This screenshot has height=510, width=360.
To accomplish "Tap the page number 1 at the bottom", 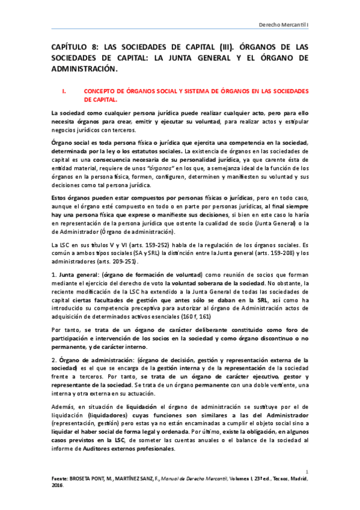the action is click(x=307, y=472).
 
